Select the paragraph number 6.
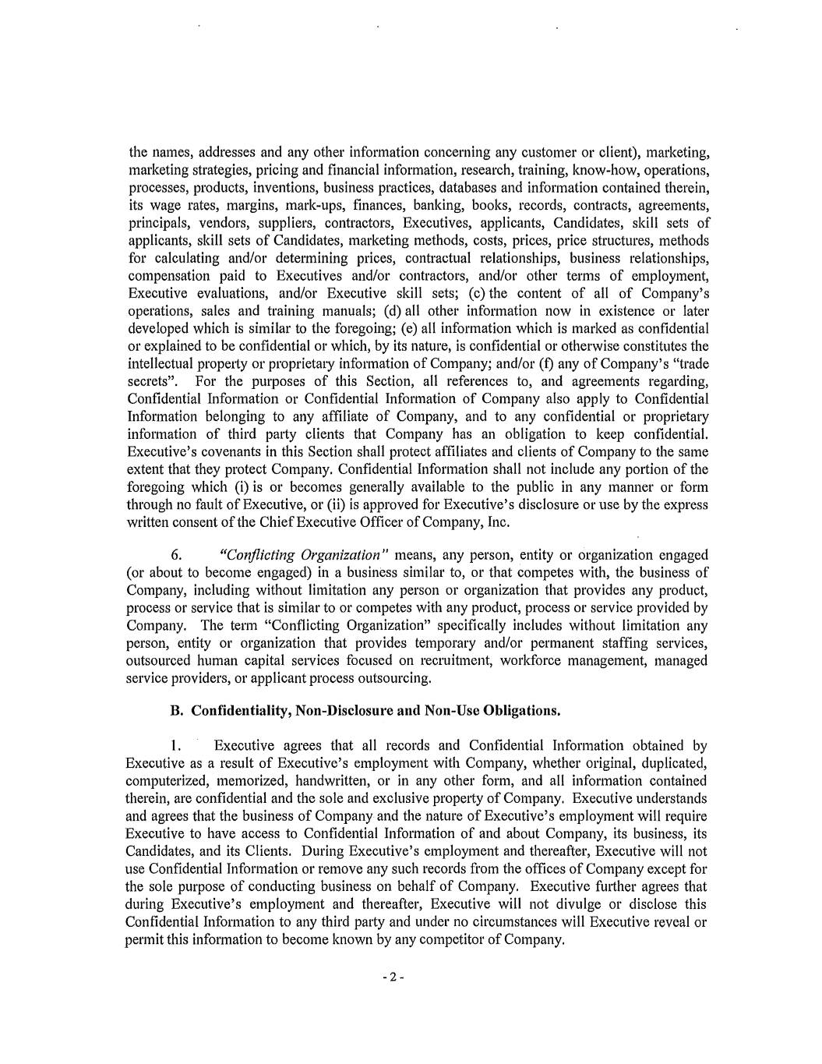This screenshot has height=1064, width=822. pyautogui.click(x=176, y=555)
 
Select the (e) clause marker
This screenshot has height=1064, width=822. pyautogui.click(x=410, y=328)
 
